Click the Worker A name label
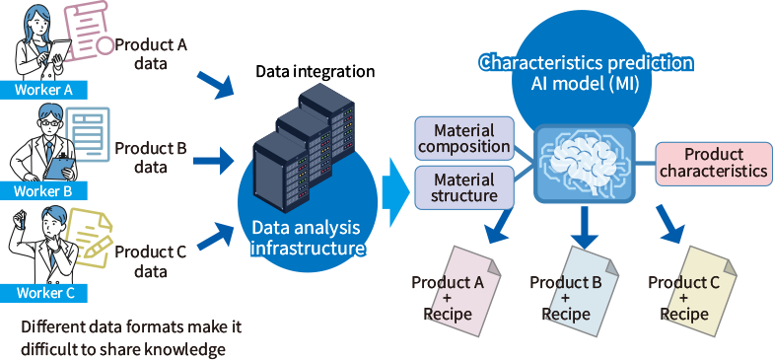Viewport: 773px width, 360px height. point(43,90)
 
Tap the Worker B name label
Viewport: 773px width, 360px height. point(43,191)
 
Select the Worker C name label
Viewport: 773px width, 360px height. point(43,293)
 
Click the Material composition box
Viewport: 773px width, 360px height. point(463,138)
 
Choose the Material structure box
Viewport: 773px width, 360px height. point(463,187)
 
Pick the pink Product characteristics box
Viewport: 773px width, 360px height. point(714,164)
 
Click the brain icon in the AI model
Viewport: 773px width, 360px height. point(584,163)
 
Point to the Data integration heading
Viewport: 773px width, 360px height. point(316,71)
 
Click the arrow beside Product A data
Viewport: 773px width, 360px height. point(215,85)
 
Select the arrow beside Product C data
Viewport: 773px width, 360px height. point(215,236)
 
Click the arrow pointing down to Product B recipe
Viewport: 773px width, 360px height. point(585,227)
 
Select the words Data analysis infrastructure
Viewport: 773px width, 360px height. point(306,238)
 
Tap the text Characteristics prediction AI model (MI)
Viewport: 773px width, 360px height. point(586,73)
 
